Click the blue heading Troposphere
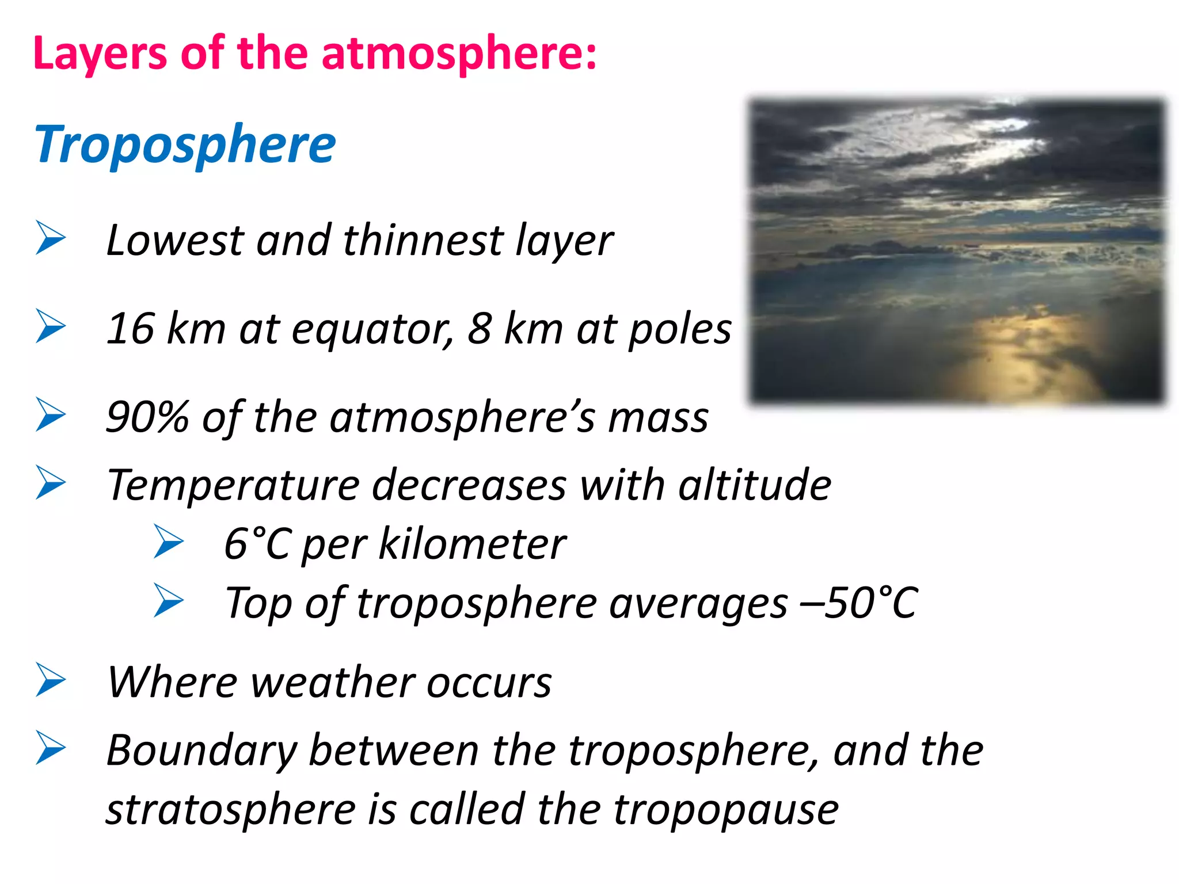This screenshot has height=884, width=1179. pos(184,145)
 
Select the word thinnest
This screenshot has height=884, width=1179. pos(423,241)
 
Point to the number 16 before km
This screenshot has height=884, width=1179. pos(131,329)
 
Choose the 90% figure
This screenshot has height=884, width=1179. pos(147,417)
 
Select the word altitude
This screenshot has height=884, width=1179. pos(754,485)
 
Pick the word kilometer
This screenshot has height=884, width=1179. pos(472,544)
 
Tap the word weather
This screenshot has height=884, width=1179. pos(333,683)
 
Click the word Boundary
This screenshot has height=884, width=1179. pos(201,752)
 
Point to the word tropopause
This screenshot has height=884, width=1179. pos(725,810)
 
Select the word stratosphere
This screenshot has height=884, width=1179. pos(230,810)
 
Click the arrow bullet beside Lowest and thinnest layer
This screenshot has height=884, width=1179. pos(51,237)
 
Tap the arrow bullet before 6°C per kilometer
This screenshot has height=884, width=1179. pos(168,542)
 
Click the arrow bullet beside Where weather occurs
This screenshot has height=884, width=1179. pos(51,680)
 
